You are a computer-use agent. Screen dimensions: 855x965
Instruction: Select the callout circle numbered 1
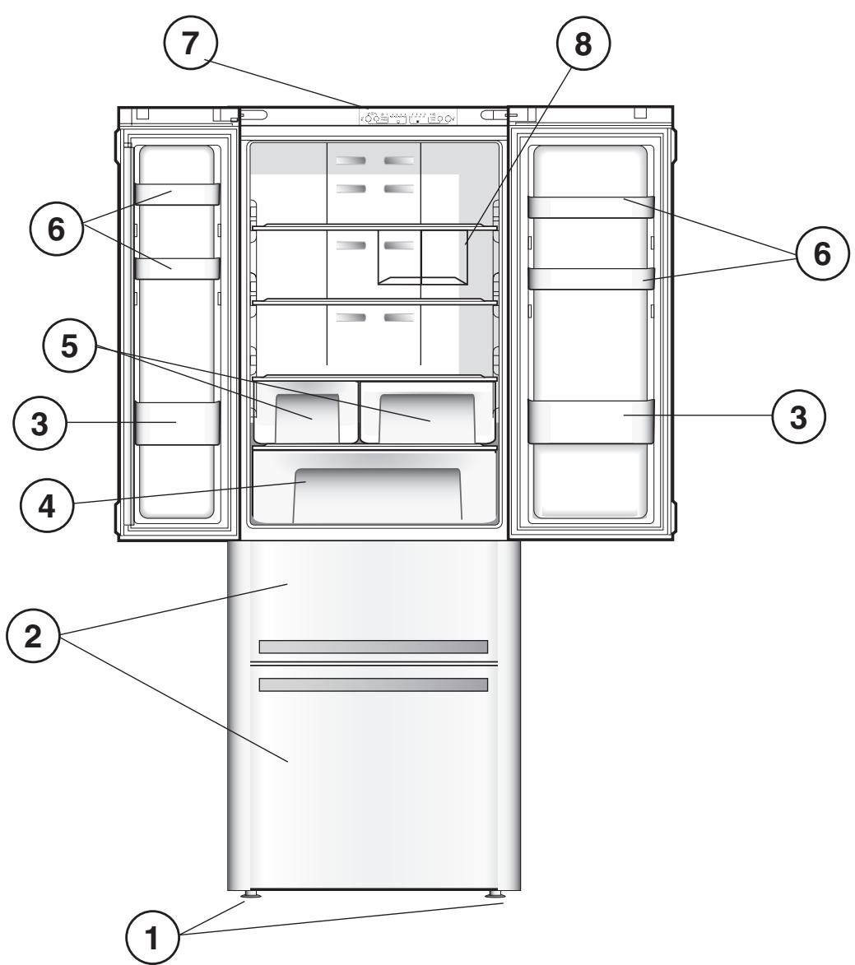tap(151, 937)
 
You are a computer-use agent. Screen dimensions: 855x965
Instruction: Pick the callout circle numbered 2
tap(33, 640)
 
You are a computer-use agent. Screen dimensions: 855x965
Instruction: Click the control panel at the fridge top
tap(408, 118)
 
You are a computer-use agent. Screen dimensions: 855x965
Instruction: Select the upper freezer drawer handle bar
tap(373, 647)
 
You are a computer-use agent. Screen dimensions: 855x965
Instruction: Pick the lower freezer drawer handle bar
tap(373, 684)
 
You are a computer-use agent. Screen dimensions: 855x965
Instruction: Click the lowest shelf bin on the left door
tap(177, 423)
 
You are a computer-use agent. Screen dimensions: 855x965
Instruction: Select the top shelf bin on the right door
tap(590, 207)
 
